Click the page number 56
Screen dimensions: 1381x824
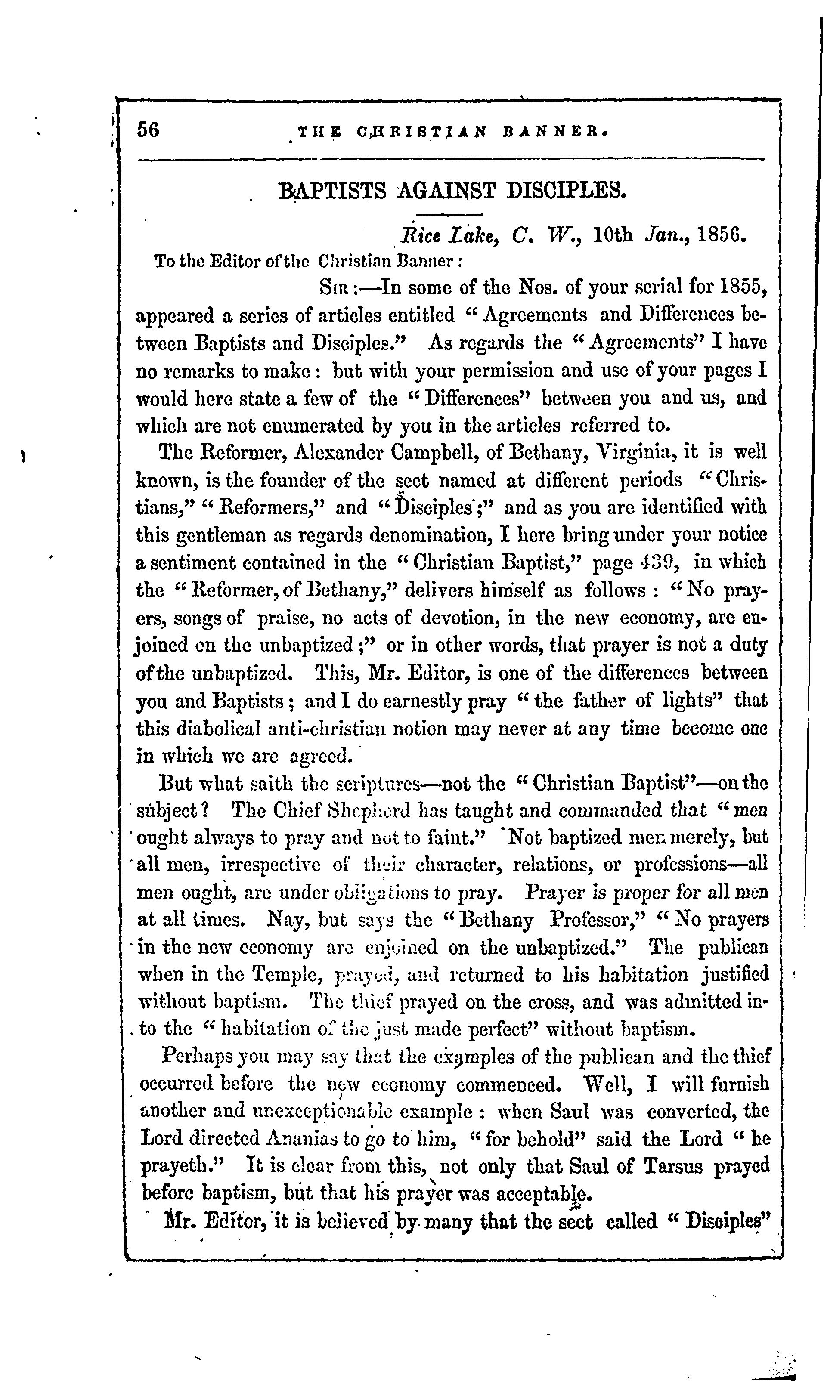tap(148, 130)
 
